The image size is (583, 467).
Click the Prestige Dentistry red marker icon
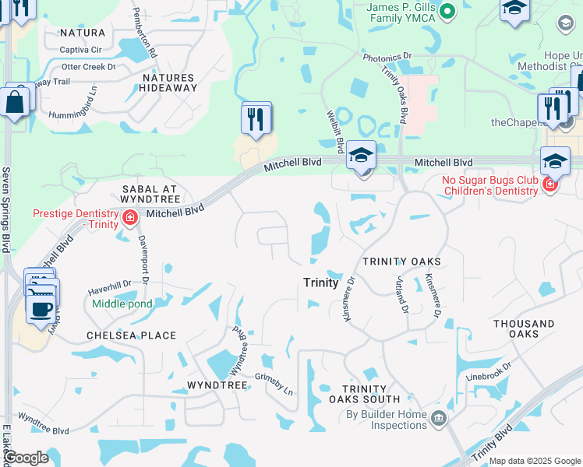130,217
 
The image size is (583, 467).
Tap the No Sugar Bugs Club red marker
550,184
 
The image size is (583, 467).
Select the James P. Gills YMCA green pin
447,12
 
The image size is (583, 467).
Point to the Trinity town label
320,283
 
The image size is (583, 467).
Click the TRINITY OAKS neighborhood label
401,262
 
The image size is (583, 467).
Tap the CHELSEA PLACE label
131,335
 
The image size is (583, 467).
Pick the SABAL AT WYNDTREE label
150,195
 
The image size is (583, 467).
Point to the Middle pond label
122,304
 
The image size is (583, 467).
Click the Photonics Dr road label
387,57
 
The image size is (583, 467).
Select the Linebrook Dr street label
489,370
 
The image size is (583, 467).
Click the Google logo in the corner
26,458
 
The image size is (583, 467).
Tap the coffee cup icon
40,308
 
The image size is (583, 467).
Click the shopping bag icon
14,101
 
